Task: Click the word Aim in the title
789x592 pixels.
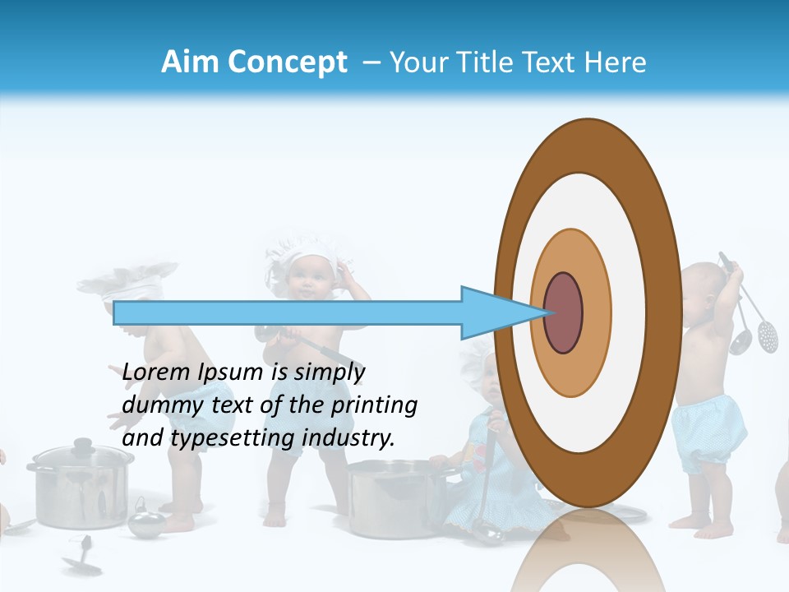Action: tap(190, 62)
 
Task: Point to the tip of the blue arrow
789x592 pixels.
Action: tap(545, 312)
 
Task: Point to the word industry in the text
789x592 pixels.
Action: tap(348, 438)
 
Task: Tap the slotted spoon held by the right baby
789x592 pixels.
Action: tap(768, 334)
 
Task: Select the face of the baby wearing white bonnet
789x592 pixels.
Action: tap(308, 280)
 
